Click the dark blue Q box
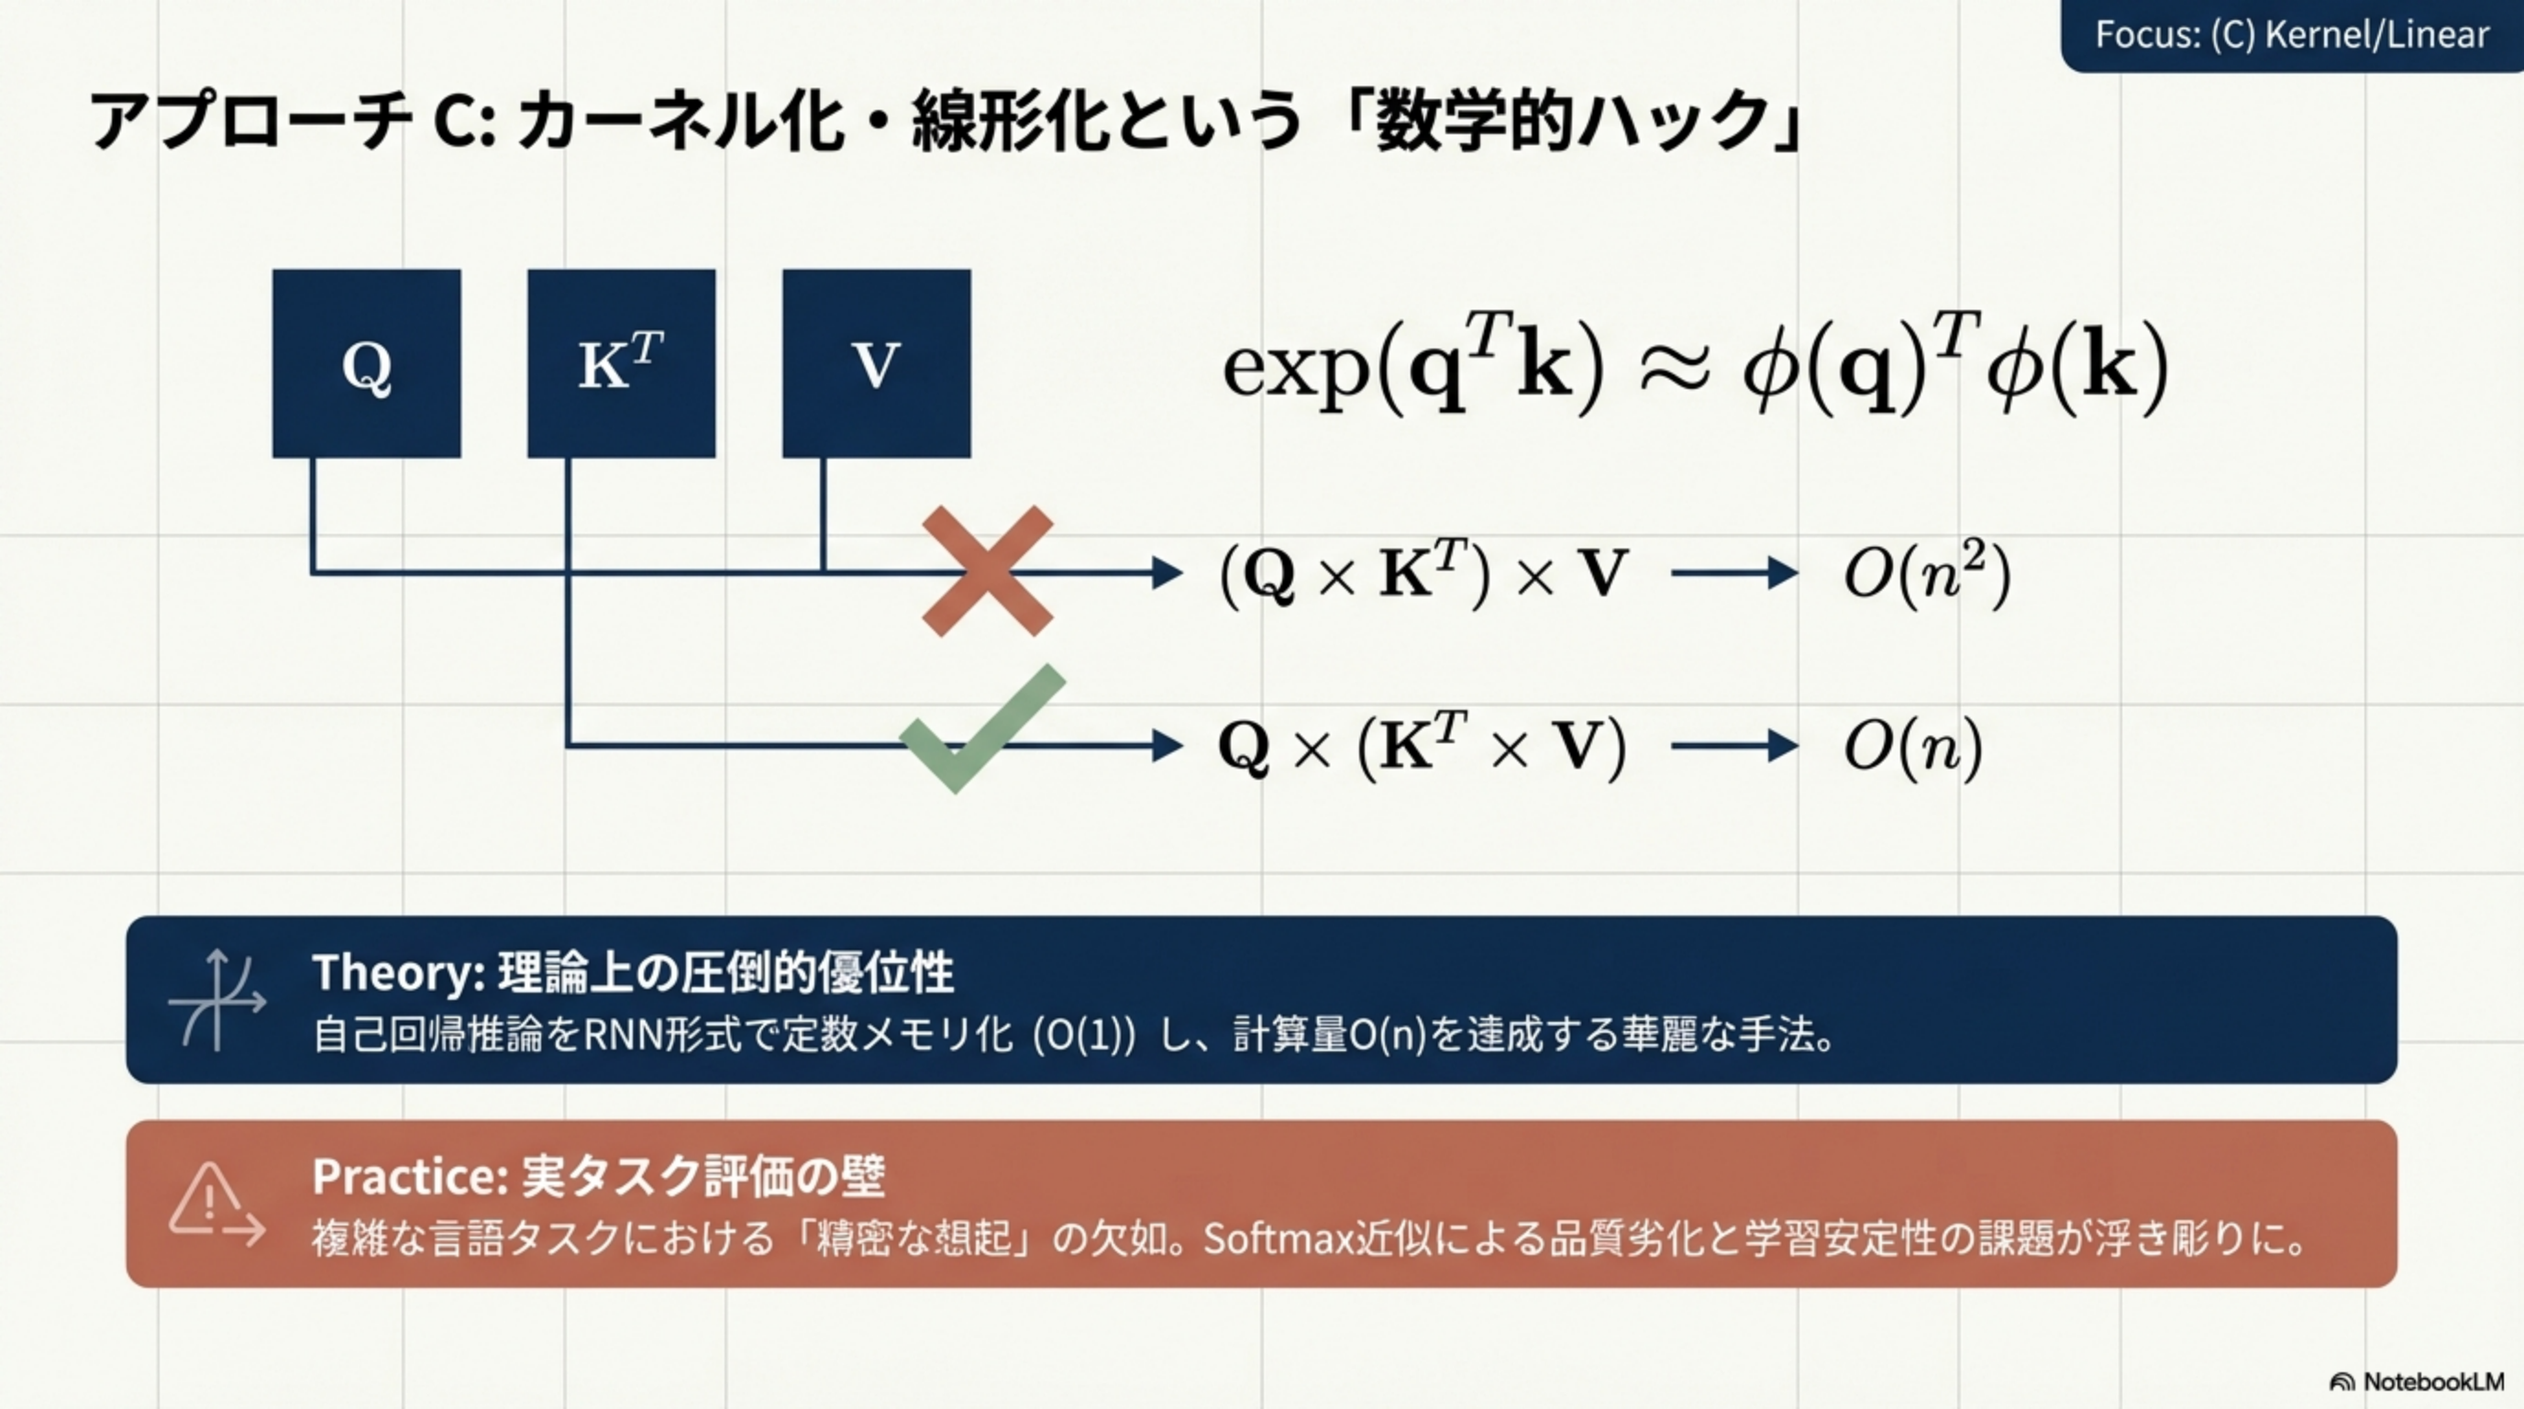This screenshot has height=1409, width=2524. [x=367, y=363]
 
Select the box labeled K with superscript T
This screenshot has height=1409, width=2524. [x=621, y=363]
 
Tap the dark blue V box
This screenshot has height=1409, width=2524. [x=876, y=363]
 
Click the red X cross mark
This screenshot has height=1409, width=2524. [x=988, y=571]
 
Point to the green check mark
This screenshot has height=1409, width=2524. [x=980, y=730]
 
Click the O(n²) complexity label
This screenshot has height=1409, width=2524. [x=1926, y=573]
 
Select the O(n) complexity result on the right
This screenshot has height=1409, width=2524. [x=1912, y=747]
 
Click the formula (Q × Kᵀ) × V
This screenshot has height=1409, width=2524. [x=1423, y=573]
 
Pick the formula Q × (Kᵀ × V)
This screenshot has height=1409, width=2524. [x=1421, y=747]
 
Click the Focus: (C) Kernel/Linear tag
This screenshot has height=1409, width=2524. [x=2291, y=35]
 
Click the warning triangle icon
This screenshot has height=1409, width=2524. [x=207, y=1199]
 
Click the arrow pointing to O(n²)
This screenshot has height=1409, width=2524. [x=1734, y=573]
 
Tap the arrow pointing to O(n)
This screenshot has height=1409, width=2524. [x=1734, y=747]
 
